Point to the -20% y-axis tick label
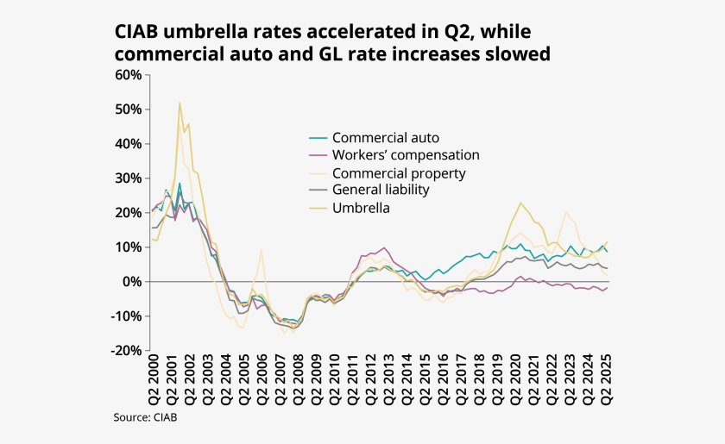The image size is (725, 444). (127, 351)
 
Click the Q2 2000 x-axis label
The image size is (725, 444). (154, 381)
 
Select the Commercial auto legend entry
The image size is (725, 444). (386, 138)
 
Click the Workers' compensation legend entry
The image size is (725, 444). (406, 155)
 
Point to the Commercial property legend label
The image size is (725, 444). (399, 173)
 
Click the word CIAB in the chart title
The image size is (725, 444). (137, 32)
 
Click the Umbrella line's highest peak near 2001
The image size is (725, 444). (180, 103)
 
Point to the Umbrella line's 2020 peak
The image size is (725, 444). (520, 203)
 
